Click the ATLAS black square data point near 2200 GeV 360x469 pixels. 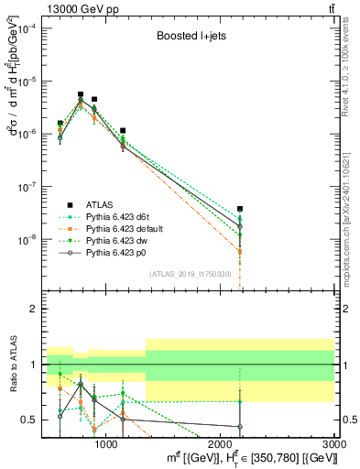point(240,209)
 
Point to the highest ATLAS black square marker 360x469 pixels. point(81,94)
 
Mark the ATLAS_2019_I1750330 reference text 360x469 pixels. point(190,275)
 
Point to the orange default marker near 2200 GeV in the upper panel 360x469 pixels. point(240,251)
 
